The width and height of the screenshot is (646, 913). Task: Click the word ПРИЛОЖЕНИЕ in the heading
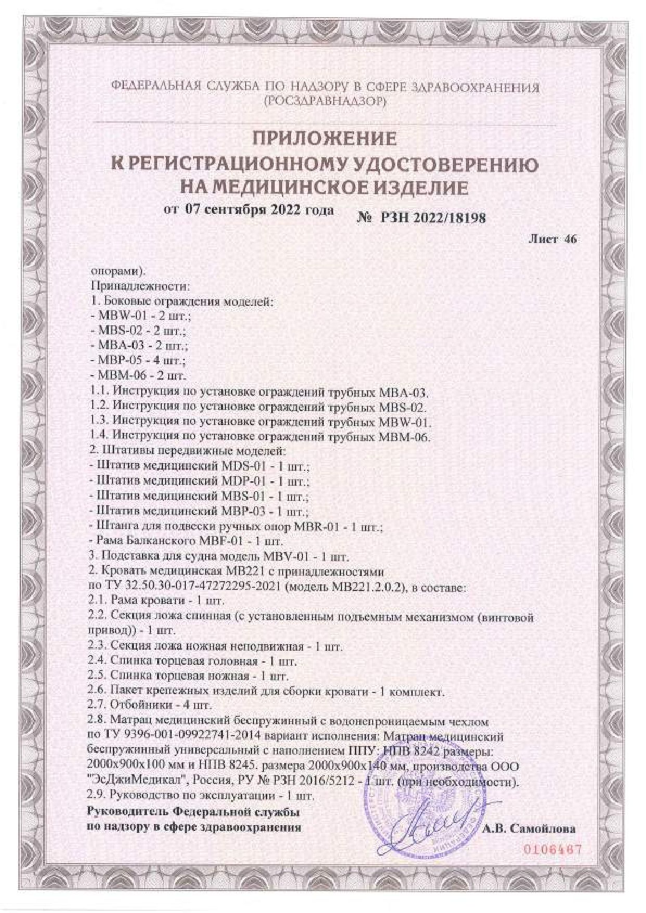(x=324, y=139)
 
